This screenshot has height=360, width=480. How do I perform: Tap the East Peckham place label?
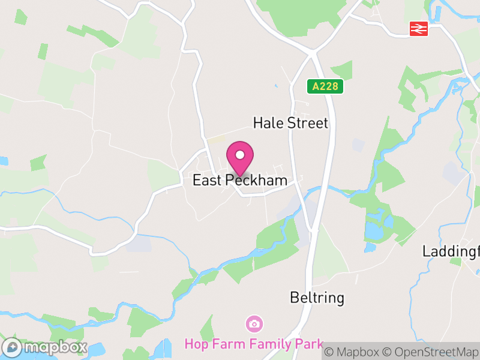pyautogui.click(x=240, y=181)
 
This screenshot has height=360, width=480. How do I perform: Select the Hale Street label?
pyautogui.click(x=290, y=124)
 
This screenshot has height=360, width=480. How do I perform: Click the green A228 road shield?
pyautogui.click(x=326, y=86)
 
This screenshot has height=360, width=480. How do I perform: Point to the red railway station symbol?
pyautogui.click(x=419, y=28)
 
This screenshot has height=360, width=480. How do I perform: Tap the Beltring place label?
pyautogui.click(x=317, y=298)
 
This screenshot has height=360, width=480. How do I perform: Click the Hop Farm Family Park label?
pyautogui.click(x=254, y=344)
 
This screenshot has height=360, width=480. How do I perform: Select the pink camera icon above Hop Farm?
pyautogui.click(x=254, y=324)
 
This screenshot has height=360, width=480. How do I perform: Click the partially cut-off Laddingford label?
pyautogui.click(x=451, y=251)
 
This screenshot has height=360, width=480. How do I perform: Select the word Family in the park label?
pyautogui.click(x=267, y=344)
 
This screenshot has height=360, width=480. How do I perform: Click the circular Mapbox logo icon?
pyautogui.click(x=12, y=347)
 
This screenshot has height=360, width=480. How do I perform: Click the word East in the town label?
pyautogui.click(x=206, y=181)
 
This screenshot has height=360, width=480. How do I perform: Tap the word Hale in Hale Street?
pyautogui.click(x=266, y=124)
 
